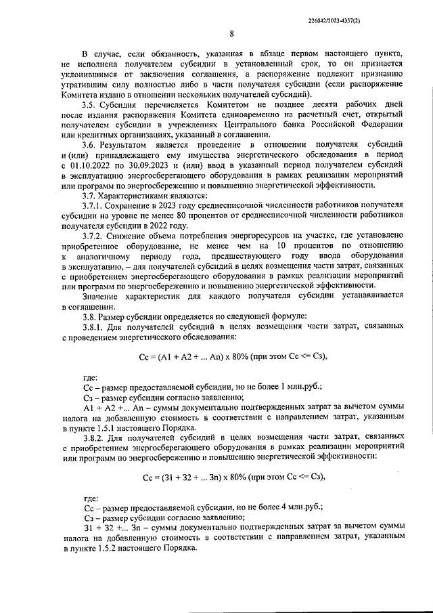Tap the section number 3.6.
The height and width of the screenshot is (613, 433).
tap(89, 146)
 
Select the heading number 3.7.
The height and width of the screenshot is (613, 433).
tap(89, 196)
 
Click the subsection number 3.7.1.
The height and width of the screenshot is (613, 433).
tap(93, 207)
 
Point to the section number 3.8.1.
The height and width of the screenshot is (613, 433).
tap(93, 327)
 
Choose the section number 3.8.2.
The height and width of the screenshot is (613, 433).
tap(93, 439)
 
